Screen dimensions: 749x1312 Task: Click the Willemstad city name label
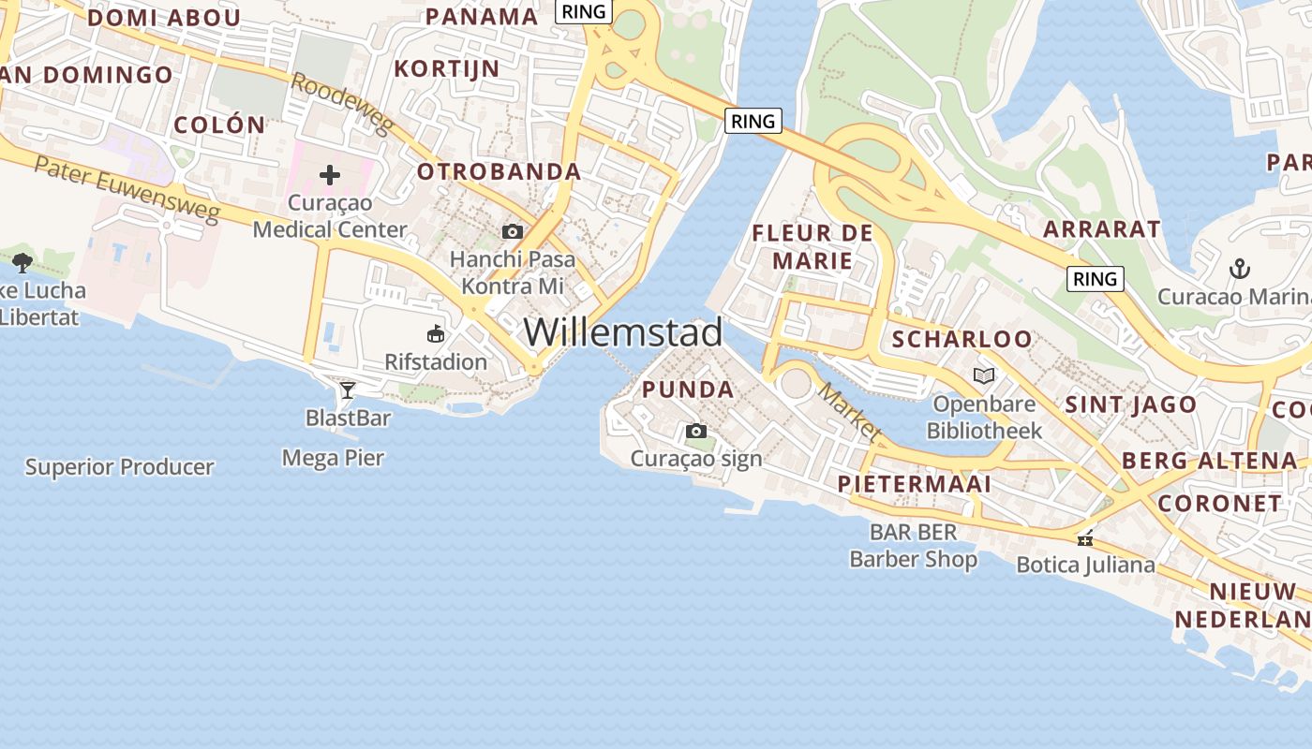pos(623,332)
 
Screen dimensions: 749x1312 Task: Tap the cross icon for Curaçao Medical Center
pos(330,175)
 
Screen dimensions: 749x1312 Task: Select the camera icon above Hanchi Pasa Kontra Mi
pos(512,231)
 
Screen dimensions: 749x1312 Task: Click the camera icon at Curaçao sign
pos(695,432)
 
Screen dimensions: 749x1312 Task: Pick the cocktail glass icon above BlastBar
pos(348,389)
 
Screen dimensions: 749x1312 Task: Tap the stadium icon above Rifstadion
pos(436,334)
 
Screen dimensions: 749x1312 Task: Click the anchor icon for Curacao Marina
pos(1240,270)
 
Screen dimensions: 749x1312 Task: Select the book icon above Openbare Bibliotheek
pos(984,376)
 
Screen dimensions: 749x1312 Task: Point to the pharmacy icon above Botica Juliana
pos(1085,538)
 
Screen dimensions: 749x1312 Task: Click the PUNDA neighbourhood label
pos(688,389)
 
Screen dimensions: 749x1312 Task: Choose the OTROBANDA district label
pos(499,172)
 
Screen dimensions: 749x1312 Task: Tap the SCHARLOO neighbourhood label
pos(962,339)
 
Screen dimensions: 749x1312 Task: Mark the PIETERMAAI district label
pos(914,484)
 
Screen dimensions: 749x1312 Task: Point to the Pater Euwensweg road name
pos(127,190)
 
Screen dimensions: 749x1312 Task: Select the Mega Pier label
pos(333,458)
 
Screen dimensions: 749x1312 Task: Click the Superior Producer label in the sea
pos(120,467)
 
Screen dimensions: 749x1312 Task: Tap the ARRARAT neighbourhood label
pos(1101,229)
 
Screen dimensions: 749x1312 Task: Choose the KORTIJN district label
pos(446,68)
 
